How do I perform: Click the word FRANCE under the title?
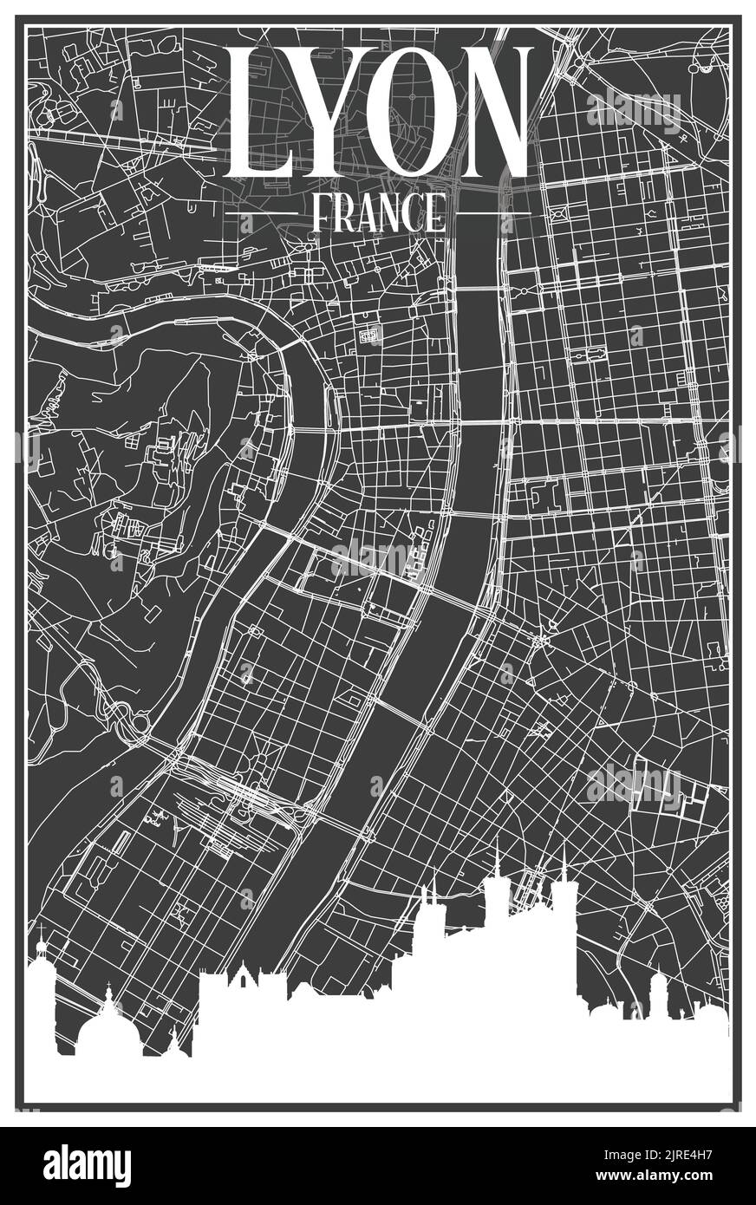click(377, 212)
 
